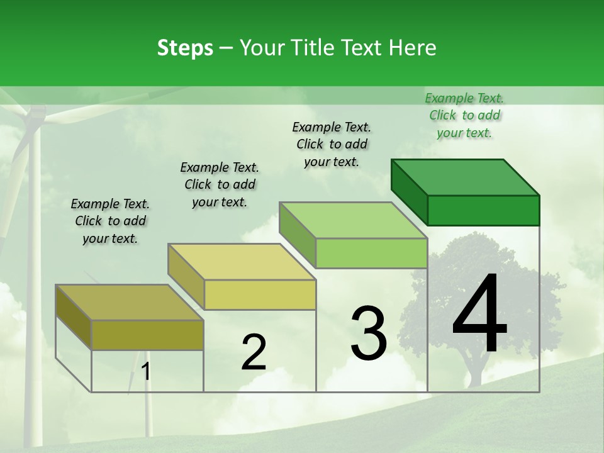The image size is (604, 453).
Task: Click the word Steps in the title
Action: pos(185,48)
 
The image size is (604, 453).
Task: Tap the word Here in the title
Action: pos(412,48)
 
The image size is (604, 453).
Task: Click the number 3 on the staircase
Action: pos(368,333)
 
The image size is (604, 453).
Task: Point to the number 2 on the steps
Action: pos(254,352)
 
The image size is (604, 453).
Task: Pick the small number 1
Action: pos(146,372)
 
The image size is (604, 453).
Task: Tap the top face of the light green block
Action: pos(353,220)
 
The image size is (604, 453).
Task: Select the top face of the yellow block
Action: pos(242,262)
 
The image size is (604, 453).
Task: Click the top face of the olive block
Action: pos(130,303)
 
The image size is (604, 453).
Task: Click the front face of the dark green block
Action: pos(483,210)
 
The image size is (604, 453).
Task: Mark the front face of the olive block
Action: pos(147,335)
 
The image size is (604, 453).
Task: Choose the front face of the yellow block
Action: pos(260,294)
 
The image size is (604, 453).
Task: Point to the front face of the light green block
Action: pos(371,253)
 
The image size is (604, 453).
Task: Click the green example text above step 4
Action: pos(464,115)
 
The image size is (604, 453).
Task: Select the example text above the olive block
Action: pos(110,221)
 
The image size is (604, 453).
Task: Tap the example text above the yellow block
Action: pos(220,184)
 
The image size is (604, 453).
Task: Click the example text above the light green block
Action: pos(332,144)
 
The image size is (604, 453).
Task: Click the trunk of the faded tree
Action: pos(474,371)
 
